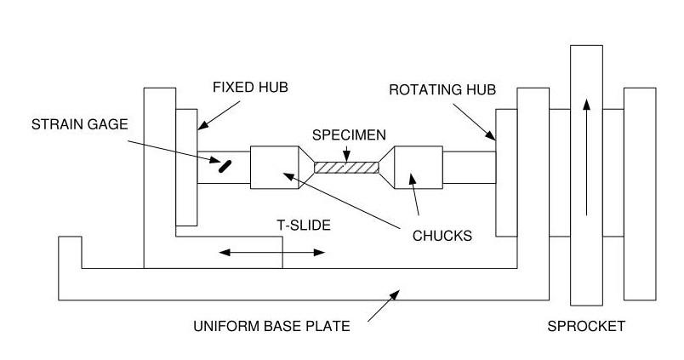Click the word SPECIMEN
(349, 134)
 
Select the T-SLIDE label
(303, 226)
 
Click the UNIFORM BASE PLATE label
(271, 326)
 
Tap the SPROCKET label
(586, 326)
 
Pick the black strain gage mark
(225, 165)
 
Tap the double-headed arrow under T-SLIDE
(271, 252)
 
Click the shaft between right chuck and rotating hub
(469, 167)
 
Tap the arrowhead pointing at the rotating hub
(492, 134)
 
